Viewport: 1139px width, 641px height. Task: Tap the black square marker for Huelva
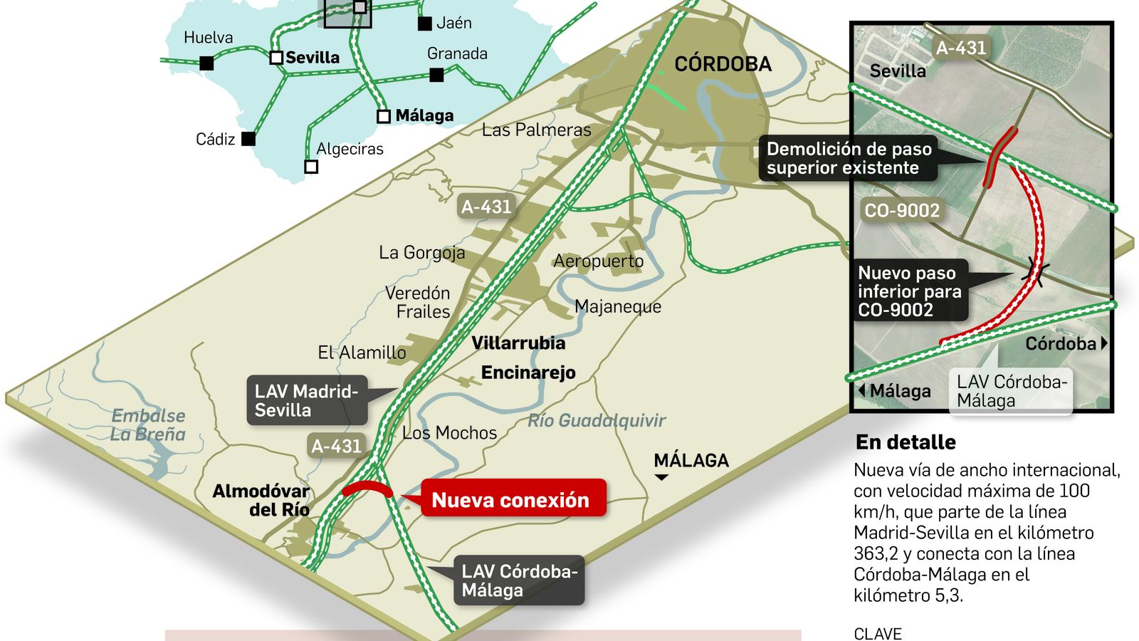coord(206,63)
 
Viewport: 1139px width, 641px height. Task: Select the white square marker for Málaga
coord(384,116)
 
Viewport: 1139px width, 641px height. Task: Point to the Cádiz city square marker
coord(248,138)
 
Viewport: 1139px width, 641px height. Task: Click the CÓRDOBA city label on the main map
coord(723,64)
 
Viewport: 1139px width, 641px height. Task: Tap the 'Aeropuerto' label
coord(598,261)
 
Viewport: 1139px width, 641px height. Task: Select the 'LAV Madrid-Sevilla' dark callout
coord(307,400)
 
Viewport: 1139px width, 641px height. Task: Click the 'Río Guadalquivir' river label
coord(597,420)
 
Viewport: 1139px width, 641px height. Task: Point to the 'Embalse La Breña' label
coord(148,424)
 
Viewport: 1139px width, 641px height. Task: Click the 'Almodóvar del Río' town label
coord(261,500)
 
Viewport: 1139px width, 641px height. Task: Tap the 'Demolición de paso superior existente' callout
coord(848,158)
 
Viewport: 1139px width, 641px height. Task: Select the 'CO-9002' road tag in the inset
coord(902,210)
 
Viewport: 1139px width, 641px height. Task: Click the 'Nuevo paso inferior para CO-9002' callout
coord(909,291)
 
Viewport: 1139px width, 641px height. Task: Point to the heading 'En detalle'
coord(906,442)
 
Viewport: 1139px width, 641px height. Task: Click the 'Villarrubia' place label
coord(518,343)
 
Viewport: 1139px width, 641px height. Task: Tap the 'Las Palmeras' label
coord(536,130)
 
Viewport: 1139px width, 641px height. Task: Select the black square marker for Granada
coord(437,75)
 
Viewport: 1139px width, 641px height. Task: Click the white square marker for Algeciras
coord(311,167)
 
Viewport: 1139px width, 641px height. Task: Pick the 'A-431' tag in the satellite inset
coord(961,48)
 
